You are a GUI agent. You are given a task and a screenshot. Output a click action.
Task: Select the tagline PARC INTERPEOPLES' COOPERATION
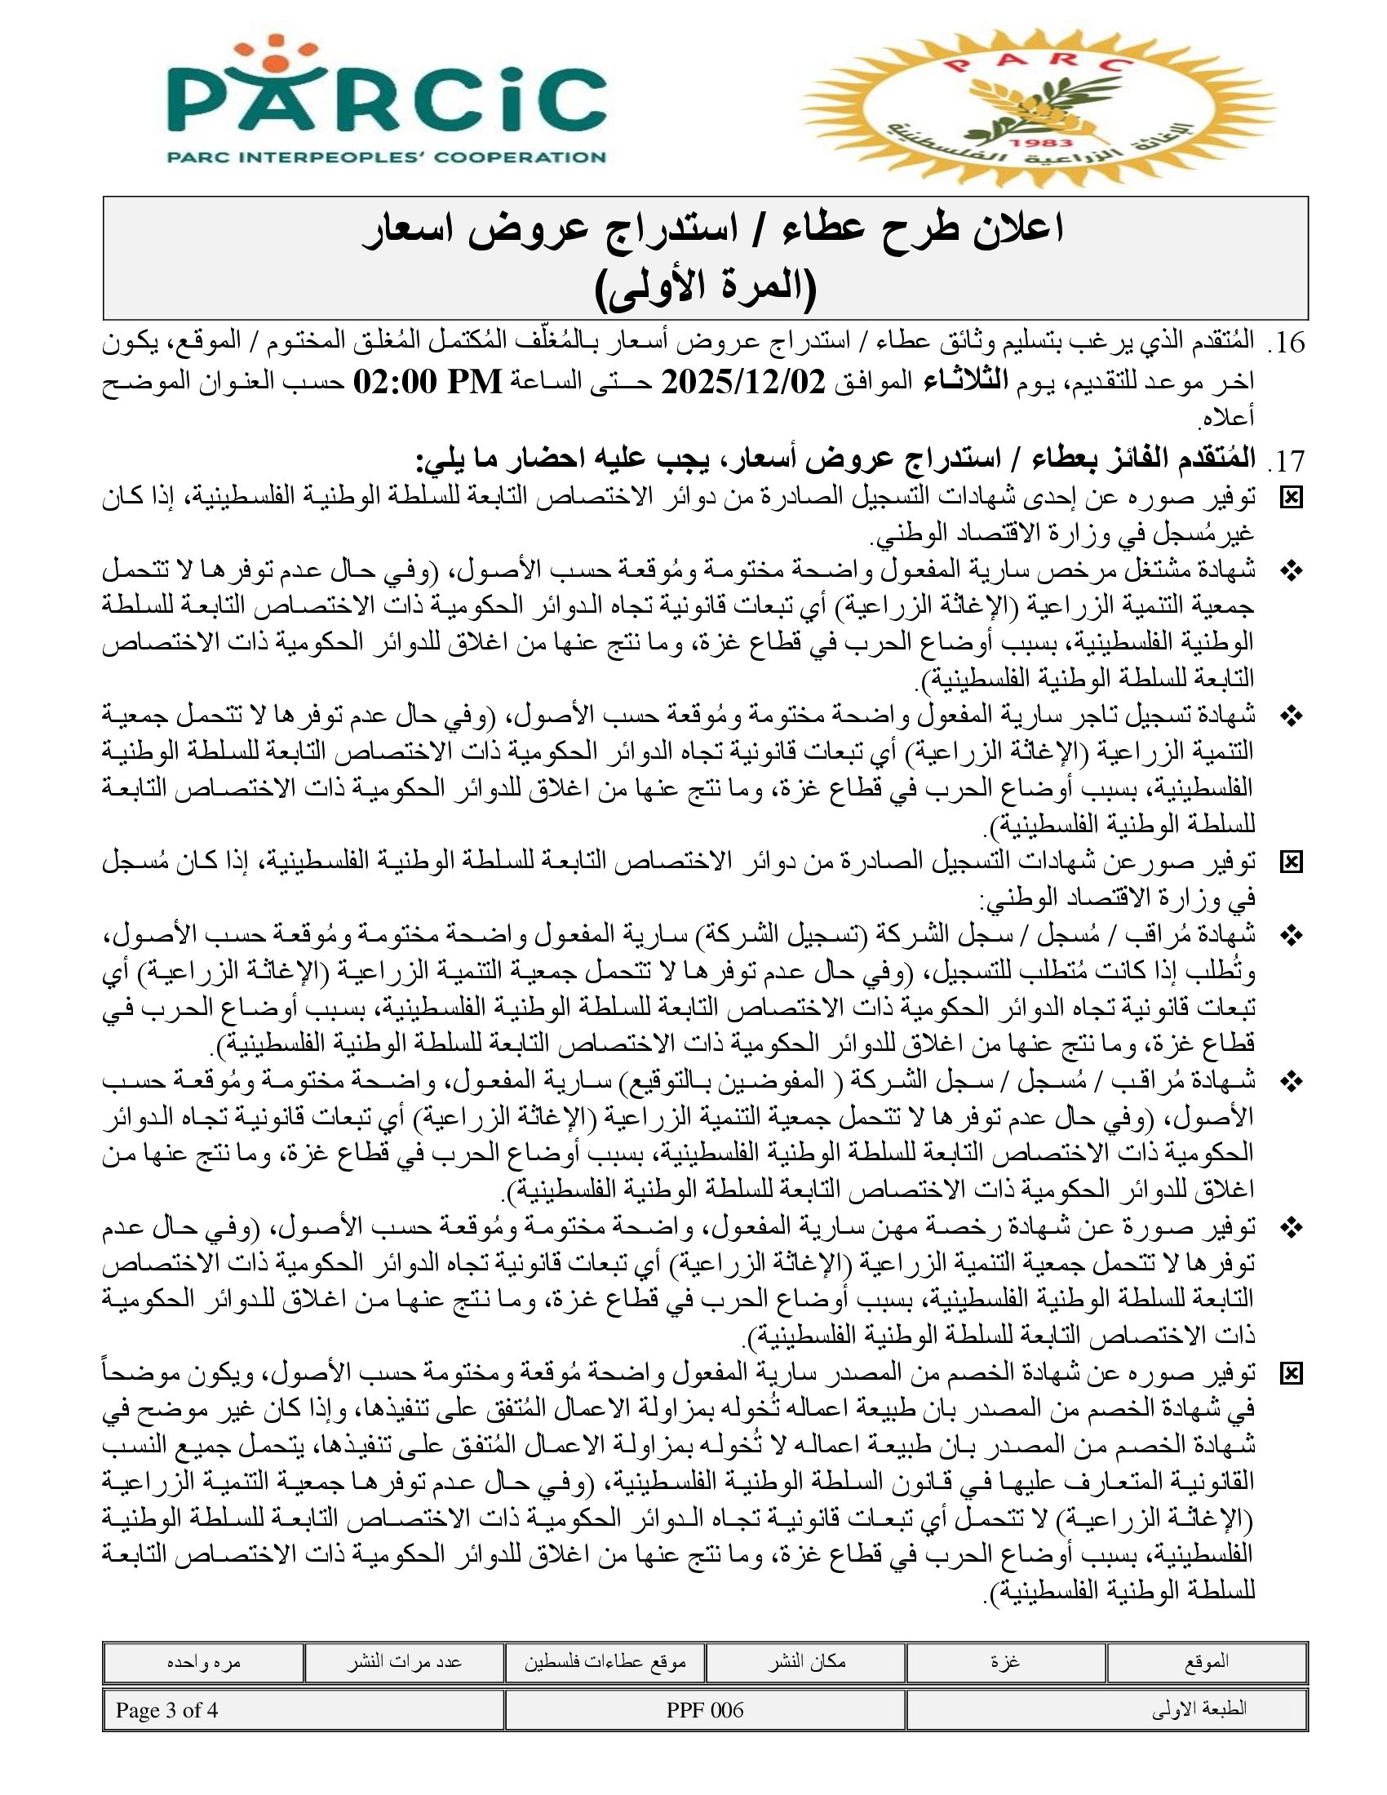[387, 156]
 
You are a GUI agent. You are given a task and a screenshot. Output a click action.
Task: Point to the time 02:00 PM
[427, 382]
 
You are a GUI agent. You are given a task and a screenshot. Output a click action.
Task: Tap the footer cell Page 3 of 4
[166, 1710]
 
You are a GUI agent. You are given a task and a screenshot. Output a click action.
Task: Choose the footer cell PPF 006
[704, 1710]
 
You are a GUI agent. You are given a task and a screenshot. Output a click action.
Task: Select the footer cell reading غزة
[1006, 1662]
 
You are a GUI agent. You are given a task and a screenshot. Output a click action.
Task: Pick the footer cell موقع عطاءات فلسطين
[605, 1662]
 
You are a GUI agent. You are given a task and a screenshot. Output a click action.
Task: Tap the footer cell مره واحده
[203, 1662]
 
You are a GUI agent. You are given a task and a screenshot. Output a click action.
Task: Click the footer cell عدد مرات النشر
[403, 1662]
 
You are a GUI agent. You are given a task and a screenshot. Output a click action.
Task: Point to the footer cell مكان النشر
[806, 1662]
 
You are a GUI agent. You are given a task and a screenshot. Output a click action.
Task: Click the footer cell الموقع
[1206, 1662]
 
